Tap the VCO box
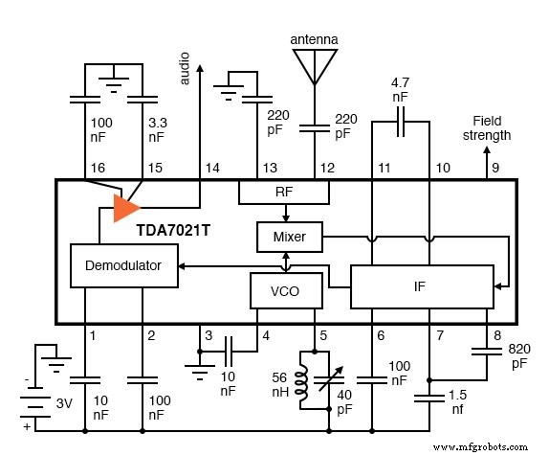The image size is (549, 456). click(282, 291)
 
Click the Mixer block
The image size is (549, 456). click(289, 234)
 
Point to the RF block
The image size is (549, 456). click(284, 192)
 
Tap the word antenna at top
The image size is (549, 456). click(315, 39)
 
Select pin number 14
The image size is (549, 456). click(211, 168)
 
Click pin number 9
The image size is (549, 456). click(495, 168)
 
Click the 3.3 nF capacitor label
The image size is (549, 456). click(156, 130)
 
